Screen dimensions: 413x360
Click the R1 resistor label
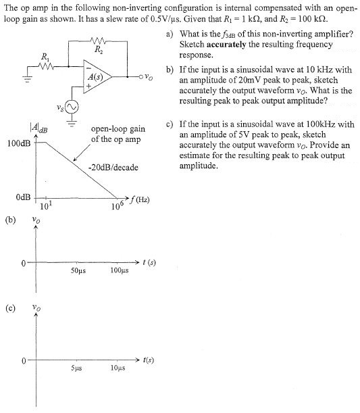coord(45,57)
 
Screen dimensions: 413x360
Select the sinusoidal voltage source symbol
coord(71,106)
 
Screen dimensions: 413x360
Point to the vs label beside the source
coord(58,107)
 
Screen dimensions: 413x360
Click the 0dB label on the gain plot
coord(22,197)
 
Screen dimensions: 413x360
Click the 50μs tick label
coord(78,271)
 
